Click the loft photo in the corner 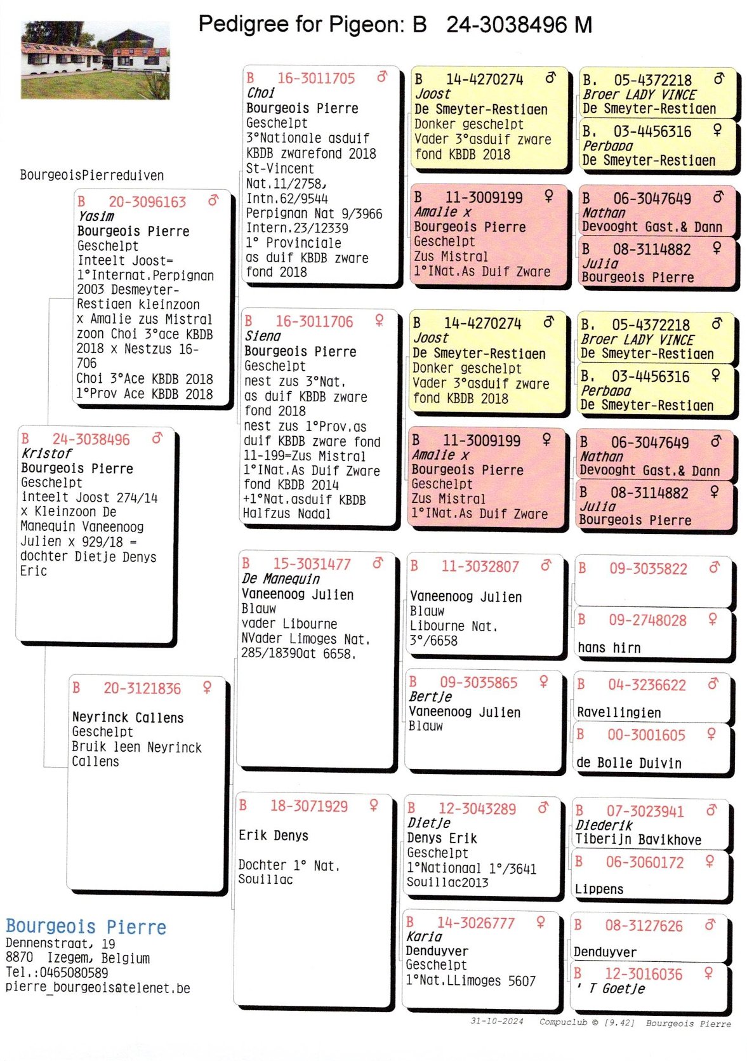pos(95,60)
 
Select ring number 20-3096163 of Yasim pos(147,202)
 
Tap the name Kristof pos(46,453)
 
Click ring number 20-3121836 pos(142,688)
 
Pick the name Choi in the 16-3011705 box pos(260,93)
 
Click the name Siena pos(262,337)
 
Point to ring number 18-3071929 pos(309,806)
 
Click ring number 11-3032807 pos(480,566)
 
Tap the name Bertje pos(430,697)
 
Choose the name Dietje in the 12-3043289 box pos(428,823)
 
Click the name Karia pos(424,937)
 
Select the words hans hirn pos(609,648)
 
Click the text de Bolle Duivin pos(628,763)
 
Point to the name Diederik pos(604,825)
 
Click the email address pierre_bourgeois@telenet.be pos(98,988)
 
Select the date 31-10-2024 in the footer pos(496,1021)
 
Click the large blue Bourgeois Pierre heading pos(86,927)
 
